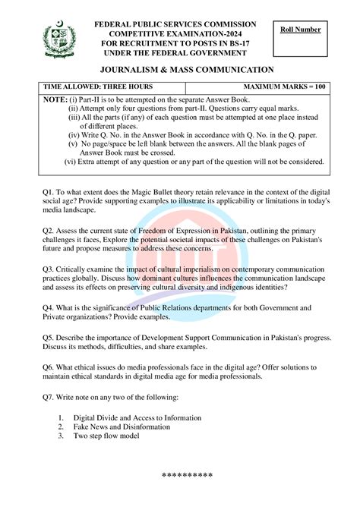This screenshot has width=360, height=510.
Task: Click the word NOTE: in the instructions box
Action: point(55,99)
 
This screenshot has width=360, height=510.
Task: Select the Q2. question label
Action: point(49,229)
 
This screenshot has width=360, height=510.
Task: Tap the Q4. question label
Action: point(49,307)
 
